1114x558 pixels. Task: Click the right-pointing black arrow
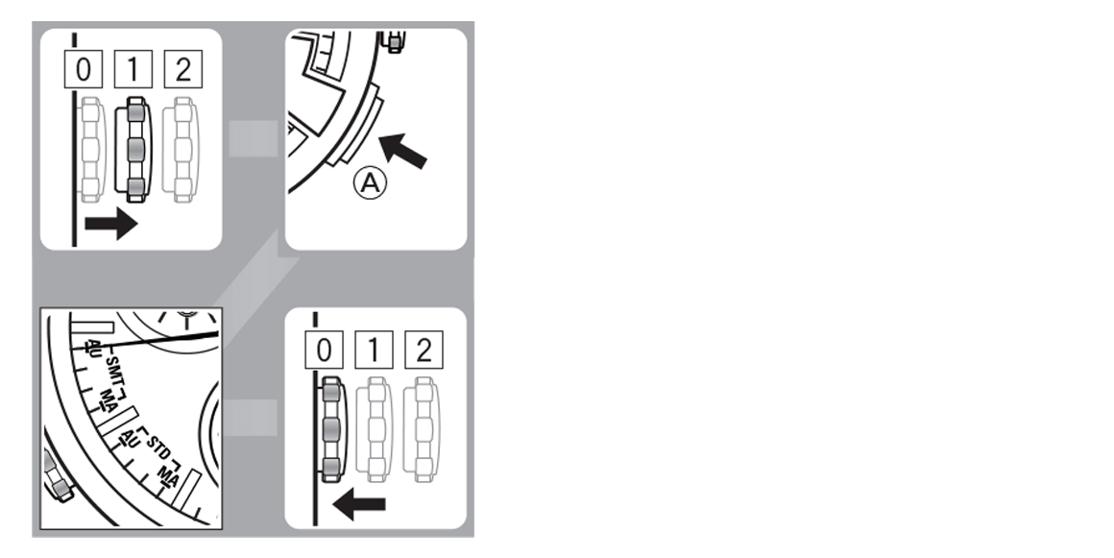(x=110, y=224)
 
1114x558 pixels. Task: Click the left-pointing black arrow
(x=359, y=504)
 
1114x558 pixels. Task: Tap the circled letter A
(x=370, y=184)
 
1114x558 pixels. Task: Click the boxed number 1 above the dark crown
(x=133, y=70)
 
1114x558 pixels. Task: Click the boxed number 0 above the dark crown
(x=324, y=350)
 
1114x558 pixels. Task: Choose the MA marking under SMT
(x=109, y=400)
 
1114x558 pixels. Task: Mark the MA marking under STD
(x=169, y=477)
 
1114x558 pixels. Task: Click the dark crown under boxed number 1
(x=133, y=149)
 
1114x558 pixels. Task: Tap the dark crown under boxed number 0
(x=331, y=429)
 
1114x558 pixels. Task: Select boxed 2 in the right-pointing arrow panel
(x=182, y=70)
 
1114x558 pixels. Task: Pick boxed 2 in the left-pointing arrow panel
(x=424, y=350)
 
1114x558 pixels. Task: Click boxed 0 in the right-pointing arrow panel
(x=84, y=70)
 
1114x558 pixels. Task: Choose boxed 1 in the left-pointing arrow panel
(x=374, y=350)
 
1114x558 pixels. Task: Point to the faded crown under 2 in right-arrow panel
(x=182, y=149)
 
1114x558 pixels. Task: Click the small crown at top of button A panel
(x=393, y=41)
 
